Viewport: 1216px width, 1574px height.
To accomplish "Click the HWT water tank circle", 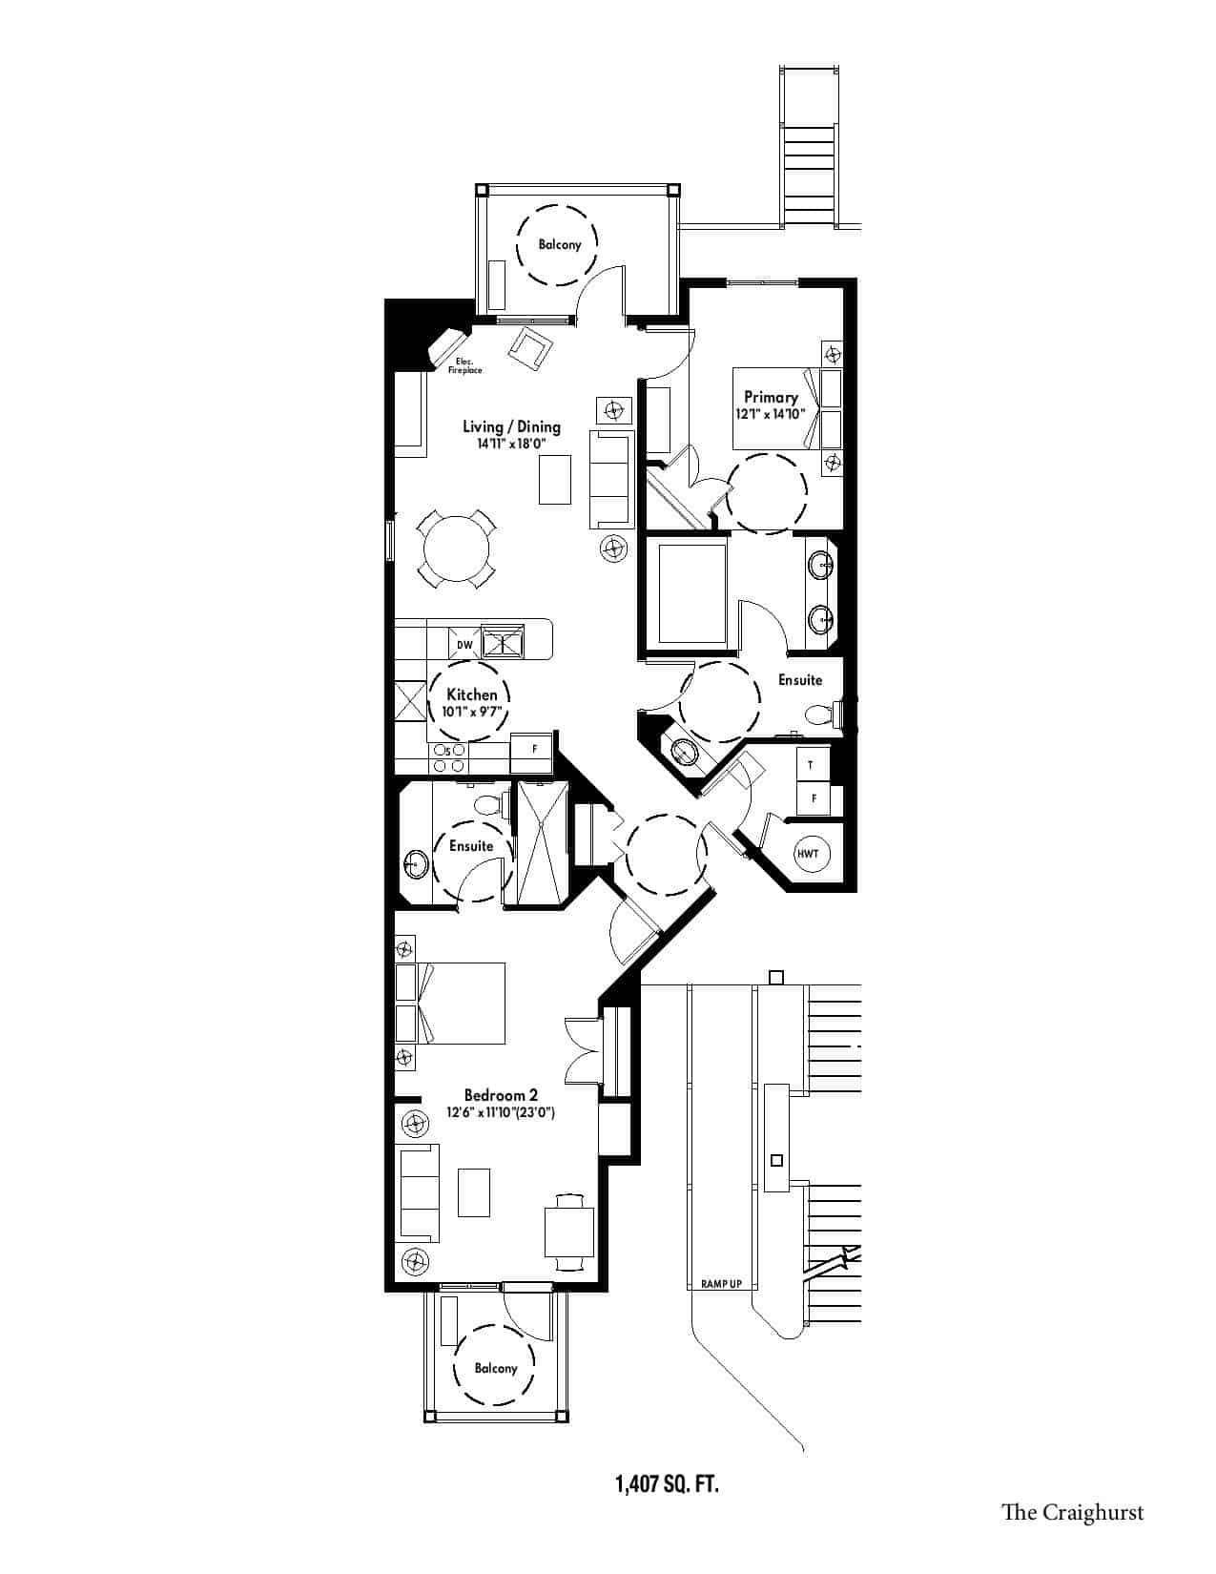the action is [808, 853].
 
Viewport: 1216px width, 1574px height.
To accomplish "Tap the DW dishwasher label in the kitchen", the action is [464, 645].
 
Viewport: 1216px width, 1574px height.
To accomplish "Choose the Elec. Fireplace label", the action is [465, 365].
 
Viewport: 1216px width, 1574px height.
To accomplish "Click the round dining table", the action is [456, 549].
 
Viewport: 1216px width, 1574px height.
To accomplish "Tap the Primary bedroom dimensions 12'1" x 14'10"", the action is [771, 414].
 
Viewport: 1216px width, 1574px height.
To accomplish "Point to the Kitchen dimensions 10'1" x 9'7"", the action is [471, 711].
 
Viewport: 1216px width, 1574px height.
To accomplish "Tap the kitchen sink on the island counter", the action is [504, 639].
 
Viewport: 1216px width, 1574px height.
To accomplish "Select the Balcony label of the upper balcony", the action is [559, 244].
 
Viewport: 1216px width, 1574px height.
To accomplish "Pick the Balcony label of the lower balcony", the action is [495, 1368].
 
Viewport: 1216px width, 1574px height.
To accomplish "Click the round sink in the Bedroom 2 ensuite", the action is [416, 865].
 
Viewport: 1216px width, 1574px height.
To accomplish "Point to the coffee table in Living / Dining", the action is [555, 479].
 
